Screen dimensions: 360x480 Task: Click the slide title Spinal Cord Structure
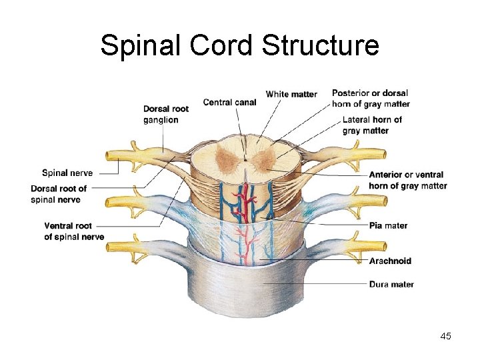click(x=239, y=45)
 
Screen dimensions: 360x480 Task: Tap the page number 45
click(x=446, y=336)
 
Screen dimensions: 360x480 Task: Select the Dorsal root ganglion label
click(x=165, y=114)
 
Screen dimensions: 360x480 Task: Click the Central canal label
click(x=228, y=102)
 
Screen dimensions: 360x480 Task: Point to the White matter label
click(x=291, y=94)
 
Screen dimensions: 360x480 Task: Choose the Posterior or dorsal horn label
click(x=371, y=98)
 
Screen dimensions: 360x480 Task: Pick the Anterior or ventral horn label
click(x=407, y=180)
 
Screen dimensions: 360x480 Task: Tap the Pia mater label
click(x=388, y=225)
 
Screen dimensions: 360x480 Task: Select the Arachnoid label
click(x=390, y=261)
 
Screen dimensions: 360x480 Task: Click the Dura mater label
click(x=391, y=284)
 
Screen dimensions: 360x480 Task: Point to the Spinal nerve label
click(x=67, y=173)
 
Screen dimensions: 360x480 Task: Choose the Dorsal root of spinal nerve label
click(x=59, y=194)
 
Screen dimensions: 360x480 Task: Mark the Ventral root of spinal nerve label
click(x=74, y=231)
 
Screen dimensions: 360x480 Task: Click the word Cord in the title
click(x=222, y=45)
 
